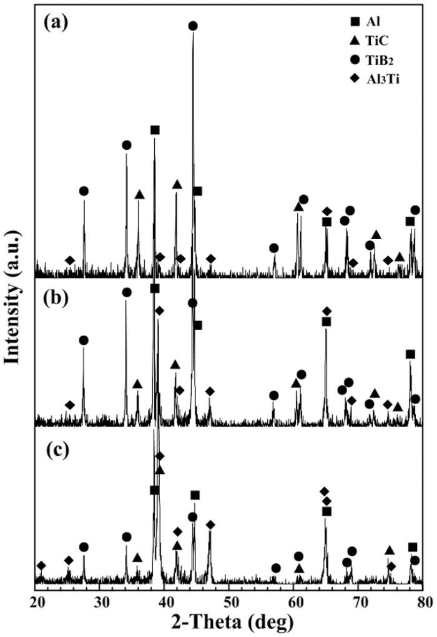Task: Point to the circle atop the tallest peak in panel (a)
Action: [x=193, y=26]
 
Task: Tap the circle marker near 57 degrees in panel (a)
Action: [x=273, y=248]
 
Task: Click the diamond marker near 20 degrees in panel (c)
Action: [x=41, y=566]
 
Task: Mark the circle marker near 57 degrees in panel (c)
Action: [x=276, y=568]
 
